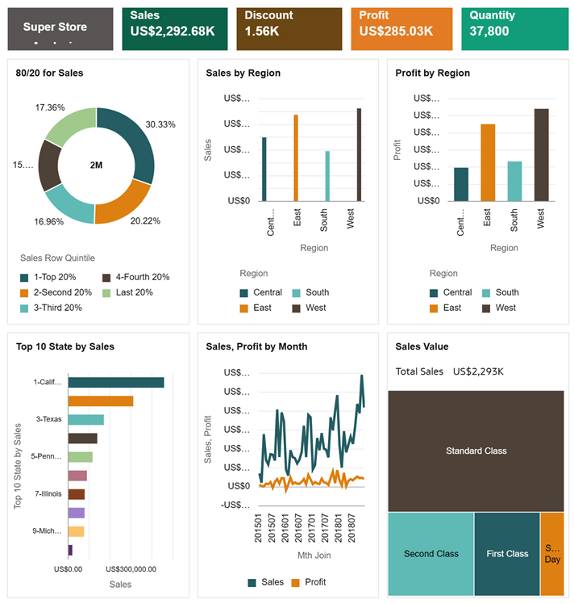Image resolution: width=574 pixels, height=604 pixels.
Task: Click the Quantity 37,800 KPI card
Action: click(512, 30)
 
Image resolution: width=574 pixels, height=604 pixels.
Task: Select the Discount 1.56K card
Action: click(289, 30)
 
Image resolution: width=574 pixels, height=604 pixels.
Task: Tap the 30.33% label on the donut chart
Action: click(160, 124)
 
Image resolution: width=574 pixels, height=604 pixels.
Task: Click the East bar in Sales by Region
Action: click(296, 157)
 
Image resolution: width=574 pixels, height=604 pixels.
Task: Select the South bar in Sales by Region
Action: click(327, 176)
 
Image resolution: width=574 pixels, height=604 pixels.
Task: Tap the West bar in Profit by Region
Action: click(541, 154)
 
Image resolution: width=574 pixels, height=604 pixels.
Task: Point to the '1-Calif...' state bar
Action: click(116, 383)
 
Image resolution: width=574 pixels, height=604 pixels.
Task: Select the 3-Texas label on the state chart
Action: click(48, 419)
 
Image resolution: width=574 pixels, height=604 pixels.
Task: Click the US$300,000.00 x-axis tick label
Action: click(131, 568)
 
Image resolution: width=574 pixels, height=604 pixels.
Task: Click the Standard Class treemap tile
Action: click(476, 451)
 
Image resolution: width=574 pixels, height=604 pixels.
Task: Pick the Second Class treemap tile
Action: click(430, 553)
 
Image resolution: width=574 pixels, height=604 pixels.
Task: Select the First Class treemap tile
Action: click(507, 553)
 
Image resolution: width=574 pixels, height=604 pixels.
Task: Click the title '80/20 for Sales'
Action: click(49, 73)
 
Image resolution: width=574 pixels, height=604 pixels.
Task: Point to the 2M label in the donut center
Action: click(96, 165)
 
